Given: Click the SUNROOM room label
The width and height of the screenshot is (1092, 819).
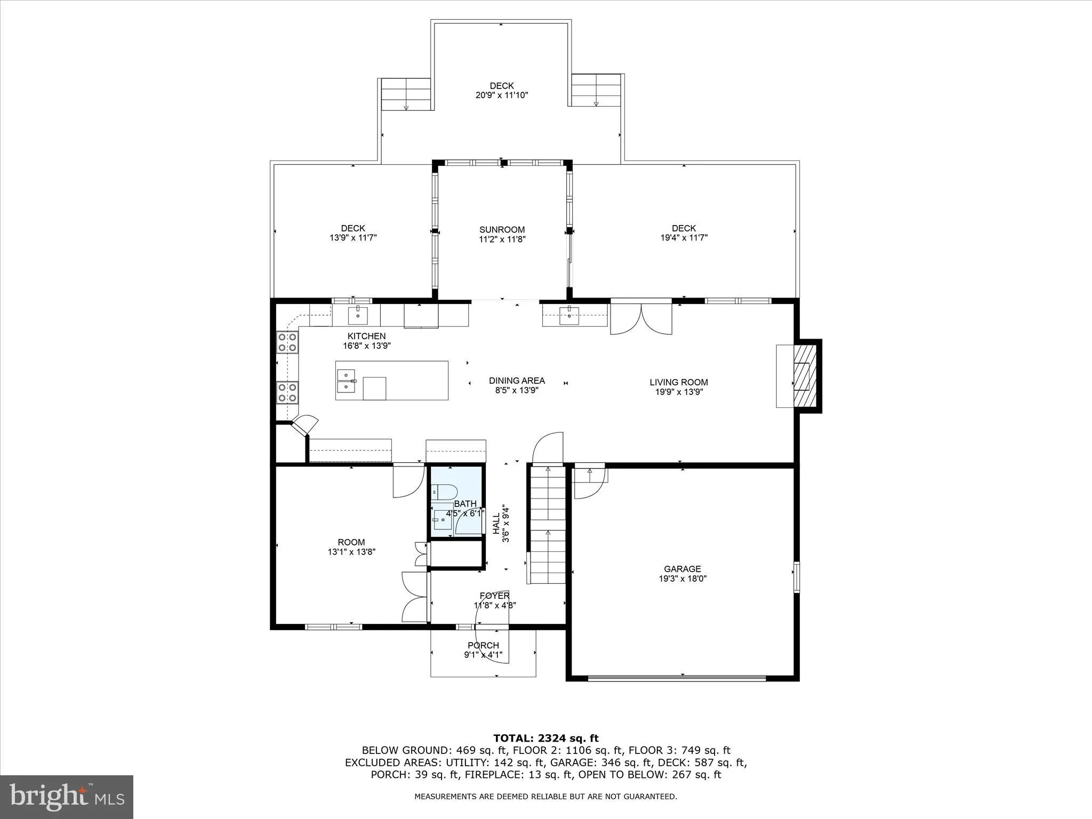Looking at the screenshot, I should pyautogui.click(x=502, y=230).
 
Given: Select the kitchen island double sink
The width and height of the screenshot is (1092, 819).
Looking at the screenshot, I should pyautogui.click(x=347, y=380).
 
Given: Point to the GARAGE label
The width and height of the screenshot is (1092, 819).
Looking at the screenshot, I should pyautogui.click(x=682, y=569).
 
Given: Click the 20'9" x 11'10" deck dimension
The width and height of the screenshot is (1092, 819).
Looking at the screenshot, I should pyautogui.click(x=501, y=95).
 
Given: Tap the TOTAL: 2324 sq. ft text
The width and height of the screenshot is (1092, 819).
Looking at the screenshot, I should pyautogui.click(x=545, y=738).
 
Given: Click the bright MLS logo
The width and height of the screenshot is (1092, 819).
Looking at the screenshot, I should pyautogui.click(x=66, y=797).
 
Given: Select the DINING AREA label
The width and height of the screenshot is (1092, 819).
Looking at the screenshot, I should pyautogui.click(x=517, y=381).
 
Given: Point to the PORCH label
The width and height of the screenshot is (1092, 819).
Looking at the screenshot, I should pyautogui.click(x=483, y=645).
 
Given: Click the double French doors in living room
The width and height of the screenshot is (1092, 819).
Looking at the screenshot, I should pyautogui.click(x=641, y=319).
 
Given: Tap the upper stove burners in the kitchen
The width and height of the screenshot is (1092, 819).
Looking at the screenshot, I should pyautogui.click(x=287, y=342).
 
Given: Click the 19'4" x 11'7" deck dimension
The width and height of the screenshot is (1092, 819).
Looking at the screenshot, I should pyautogui.click(x=684, y=238).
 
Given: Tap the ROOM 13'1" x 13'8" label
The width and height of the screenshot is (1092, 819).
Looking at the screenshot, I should pyautogui.click(x=351, y=547).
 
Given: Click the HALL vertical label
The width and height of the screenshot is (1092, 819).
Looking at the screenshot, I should pyautogui.click(x=496, y=524).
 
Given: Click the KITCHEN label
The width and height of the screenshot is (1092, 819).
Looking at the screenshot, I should pyautogui.click(x=366, y=336).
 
